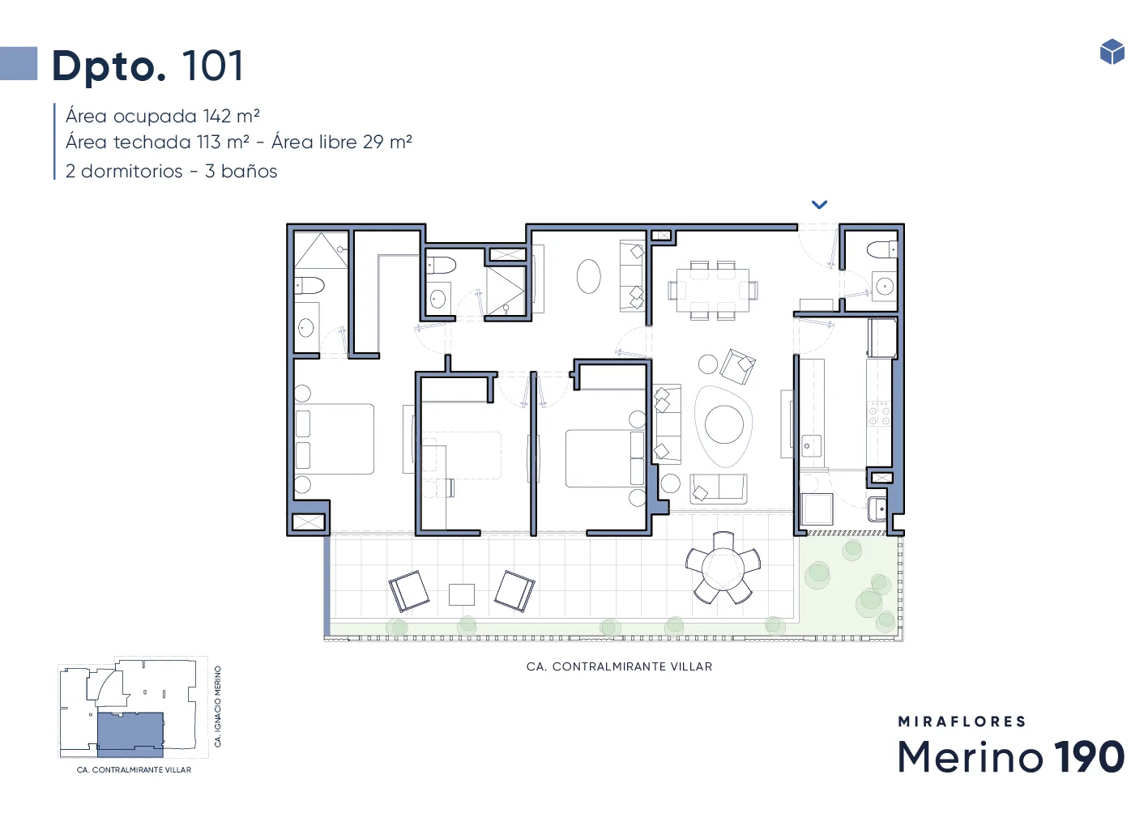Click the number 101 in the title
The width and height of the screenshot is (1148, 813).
click(212, 66)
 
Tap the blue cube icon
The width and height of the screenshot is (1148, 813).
click(1112, 52)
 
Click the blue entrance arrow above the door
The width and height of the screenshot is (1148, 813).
click(820, 205)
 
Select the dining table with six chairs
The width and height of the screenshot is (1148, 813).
click(712, 291)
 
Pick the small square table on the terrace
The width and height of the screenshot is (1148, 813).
click(462, 594)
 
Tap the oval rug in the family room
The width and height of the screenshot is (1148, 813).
click(588, 276)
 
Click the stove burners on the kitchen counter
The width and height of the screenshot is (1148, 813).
click(879, 414)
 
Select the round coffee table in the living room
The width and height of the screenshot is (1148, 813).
click(724, 424)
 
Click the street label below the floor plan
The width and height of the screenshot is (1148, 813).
click(619, 666)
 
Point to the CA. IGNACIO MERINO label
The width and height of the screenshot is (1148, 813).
click(218, 706)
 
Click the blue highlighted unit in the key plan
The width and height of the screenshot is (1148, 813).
click(130, 734)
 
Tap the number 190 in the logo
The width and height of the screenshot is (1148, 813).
click(1089, 756)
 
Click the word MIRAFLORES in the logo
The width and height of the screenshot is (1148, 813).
click(962, 721)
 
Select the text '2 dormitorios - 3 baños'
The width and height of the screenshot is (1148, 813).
click(171, 171)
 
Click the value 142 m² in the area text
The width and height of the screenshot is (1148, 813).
click(231, 116)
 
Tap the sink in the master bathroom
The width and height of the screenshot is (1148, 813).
click(306, 327)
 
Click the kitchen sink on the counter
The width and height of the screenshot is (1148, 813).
click(811, 445)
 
